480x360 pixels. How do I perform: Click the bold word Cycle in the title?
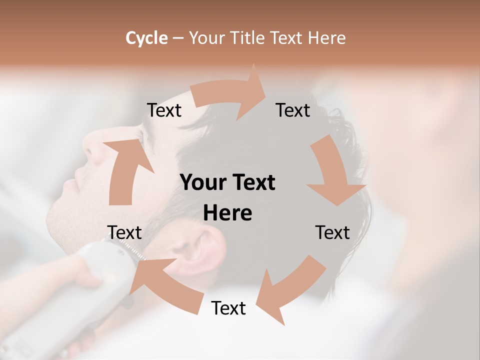coord(146,38)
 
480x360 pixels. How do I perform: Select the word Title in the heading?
coord(247,38)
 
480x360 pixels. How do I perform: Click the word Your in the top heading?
coord(207,38)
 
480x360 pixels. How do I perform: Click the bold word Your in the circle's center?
coord(203,183)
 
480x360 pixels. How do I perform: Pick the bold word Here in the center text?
coord(227,213)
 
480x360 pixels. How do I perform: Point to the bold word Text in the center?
coord(252,183)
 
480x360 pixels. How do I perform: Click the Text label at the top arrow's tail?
coord(164,110)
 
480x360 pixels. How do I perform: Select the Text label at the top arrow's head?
coord(293,110)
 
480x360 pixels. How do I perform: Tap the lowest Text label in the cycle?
coord(228,308)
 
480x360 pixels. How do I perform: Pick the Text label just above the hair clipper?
coord(124,232)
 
